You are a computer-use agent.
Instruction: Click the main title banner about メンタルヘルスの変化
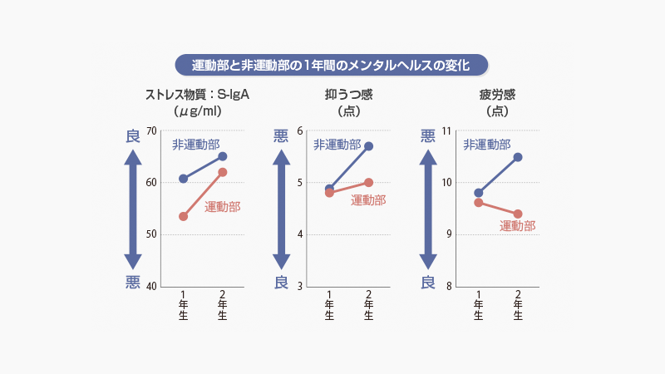click(332, 65)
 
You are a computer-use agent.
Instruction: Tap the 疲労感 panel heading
click(497, 94)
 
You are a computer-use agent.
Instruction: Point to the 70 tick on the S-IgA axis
click(150, 131)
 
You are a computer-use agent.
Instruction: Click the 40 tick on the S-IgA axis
click(150, 288)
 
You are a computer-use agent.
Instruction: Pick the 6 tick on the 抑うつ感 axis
click(300, 131)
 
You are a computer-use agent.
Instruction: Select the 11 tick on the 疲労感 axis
click(446, 131)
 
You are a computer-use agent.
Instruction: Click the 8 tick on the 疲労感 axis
click(449, 288)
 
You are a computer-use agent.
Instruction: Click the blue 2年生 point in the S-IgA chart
click(222, 156)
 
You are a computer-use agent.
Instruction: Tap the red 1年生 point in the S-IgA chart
click(184, 216)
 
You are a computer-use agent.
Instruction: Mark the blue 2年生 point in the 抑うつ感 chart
click(369, 146)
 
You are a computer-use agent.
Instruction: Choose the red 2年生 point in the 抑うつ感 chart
click(369, 182)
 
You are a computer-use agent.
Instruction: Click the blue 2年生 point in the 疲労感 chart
click(518, 157)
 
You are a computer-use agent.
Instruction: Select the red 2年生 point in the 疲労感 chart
click(518, 214)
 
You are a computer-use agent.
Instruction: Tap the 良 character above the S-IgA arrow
click(133, 136)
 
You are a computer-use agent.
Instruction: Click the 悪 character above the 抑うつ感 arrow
click(281, 136)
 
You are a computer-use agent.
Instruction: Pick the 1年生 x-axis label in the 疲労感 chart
click(479, 305)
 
